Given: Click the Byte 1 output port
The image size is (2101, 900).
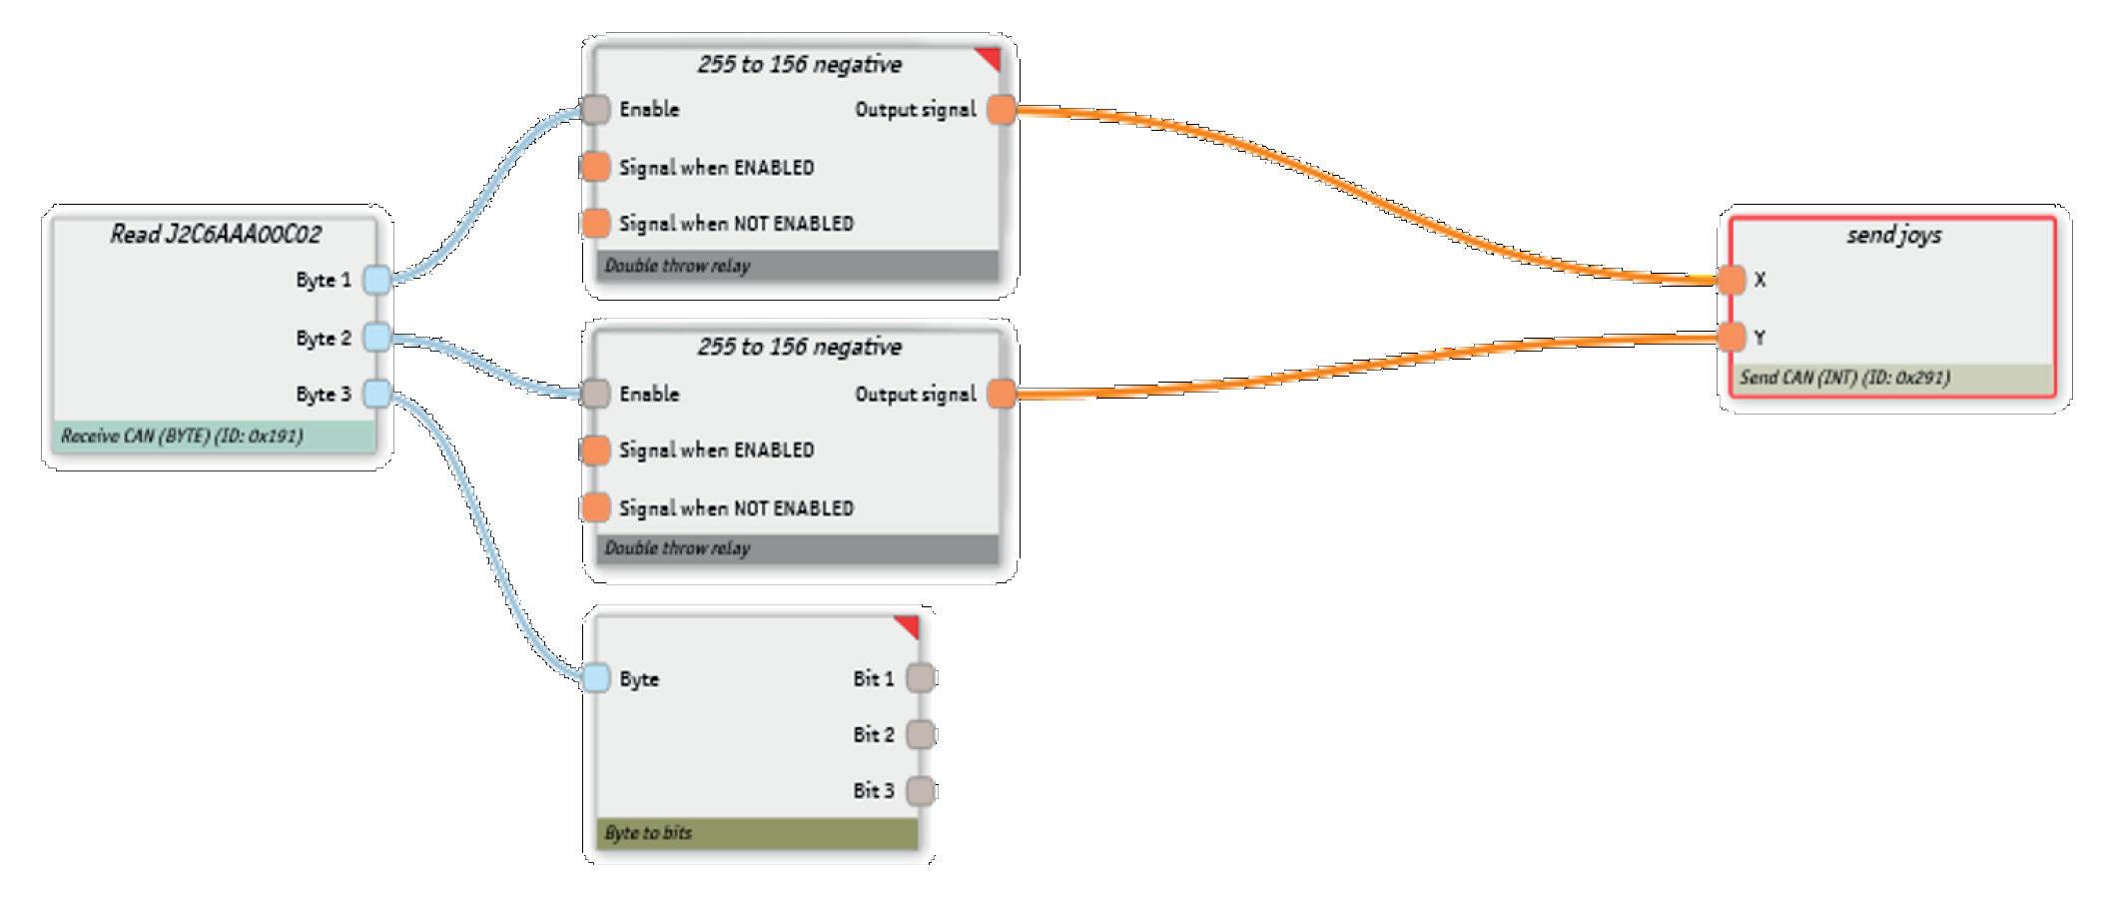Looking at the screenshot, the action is (x=376, y=280).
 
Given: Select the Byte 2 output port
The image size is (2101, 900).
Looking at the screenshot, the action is (x=376, y=338).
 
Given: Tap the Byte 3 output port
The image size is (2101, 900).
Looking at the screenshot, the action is (x=376, y=395).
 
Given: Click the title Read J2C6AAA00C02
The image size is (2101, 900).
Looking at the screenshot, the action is (x=216, y=235).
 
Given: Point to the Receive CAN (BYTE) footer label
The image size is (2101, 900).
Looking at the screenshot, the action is (x=182, y=437).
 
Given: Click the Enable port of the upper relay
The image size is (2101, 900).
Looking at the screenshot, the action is (x=595, y=109).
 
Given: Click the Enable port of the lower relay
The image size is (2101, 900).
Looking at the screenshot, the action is (x=595, y=394).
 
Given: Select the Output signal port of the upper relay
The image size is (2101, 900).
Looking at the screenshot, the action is (x=1001, y=109).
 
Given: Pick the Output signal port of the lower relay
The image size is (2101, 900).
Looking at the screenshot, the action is (x=1001, y=394).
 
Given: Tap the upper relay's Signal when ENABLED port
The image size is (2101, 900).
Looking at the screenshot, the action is (x=595, y=167).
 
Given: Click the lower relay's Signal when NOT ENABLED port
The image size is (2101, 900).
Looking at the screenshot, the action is (x=595, y=507).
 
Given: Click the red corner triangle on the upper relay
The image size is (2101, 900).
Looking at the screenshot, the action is (x=990, y=58).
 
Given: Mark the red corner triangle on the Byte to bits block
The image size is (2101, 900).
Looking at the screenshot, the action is (x=909, y=625).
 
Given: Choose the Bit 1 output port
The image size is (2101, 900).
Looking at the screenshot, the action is (x=920, y=678).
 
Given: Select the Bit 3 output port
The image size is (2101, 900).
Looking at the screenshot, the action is (x=920, y=791).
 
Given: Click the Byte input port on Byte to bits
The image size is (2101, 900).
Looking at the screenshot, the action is (x=595, y=678).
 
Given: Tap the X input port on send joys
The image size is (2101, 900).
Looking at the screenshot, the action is (x=1732, y=280).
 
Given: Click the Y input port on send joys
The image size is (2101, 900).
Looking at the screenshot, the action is (x=1732, y=337).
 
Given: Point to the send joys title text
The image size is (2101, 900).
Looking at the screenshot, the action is (x=1894, y=236).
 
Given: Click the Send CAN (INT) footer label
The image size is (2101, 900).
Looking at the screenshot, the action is (x=1844, y=379).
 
